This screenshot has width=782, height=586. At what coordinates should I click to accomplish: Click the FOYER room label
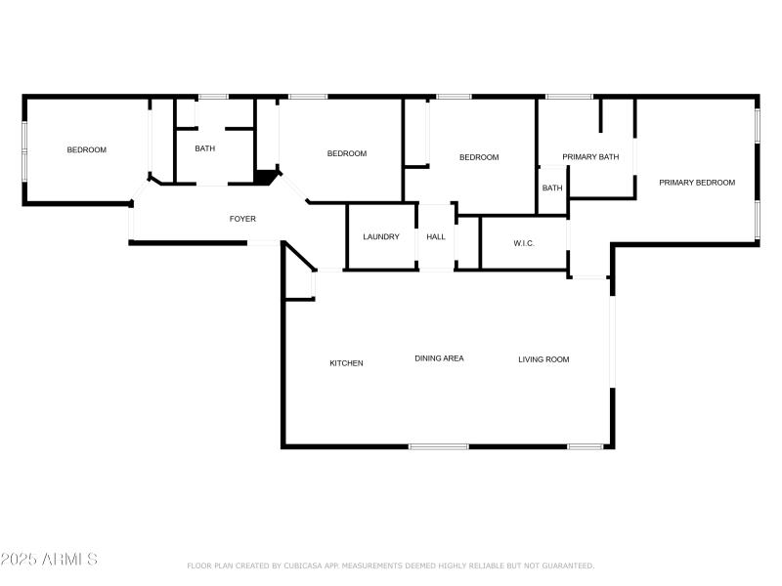(x=242, y=219)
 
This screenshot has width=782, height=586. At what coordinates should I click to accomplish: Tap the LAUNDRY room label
(x=381, y=236)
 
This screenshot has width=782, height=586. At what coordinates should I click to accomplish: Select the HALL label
(x=436, y=236)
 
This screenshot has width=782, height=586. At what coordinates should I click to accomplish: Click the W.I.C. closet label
(x=524, y=243)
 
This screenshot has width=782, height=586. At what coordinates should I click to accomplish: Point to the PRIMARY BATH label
(x=590, y=157)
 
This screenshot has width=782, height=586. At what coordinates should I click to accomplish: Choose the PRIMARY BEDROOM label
(x=696, y=183)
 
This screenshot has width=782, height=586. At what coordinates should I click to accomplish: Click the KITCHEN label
(x=346, y=363)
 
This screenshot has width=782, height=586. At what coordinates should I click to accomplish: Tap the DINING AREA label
(x=439, y=358)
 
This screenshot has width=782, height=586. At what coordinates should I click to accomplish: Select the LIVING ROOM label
(x=543, y=359)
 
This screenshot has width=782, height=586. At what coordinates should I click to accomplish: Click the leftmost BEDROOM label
(x=86, y=149)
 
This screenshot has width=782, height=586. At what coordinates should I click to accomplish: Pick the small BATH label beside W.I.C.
(x=552, y=188)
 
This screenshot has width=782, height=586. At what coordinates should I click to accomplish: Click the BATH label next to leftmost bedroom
(x=204, y=149)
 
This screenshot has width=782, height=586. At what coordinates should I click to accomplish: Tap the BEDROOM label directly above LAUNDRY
(x=346, y=153)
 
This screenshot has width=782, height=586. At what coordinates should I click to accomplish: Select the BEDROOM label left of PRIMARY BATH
(x=479, y=157)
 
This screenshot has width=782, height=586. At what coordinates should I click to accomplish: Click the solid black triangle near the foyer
(x=265, y=177)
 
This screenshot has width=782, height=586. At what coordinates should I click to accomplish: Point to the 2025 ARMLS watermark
(x=49, y=560)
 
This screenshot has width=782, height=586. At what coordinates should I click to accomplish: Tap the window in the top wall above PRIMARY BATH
(x=568, y=97)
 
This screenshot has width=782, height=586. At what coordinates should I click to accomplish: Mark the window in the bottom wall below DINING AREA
(x=438, y=446)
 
